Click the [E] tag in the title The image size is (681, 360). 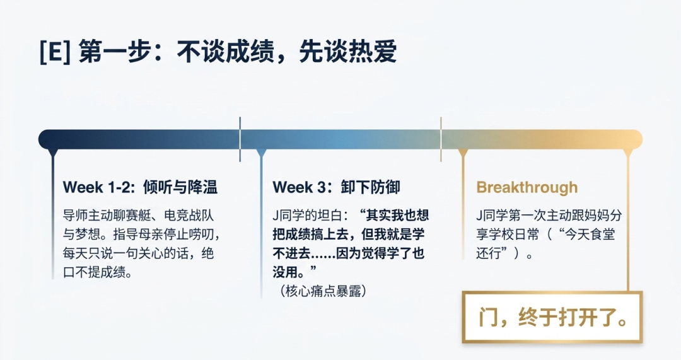click(55, 52)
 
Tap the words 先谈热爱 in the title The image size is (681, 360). click(348, 52)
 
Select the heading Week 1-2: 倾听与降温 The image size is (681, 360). click(140, 187)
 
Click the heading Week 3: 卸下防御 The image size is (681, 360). click(336, 187)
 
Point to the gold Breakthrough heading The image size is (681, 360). click(527, 187)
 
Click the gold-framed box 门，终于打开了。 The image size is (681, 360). click(552, 317)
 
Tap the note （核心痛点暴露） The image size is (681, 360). click(323, 291)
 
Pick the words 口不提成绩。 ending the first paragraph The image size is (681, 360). click(98, 272)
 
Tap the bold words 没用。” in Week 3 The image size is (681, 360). click(295, 272)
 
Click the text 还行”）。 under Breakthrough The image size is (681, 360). click(504, 253)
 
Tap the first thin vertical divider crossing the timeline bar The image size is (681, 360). click(240, 139)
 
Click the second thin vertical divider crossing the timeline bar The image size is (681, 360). click(441, 139)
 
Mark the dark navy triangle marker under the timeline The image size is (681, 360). click(53, 153)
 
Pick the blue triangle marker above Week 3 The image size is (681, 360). click(261, 153)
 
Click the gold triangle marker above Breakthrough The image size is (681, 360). click(463, 153)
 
